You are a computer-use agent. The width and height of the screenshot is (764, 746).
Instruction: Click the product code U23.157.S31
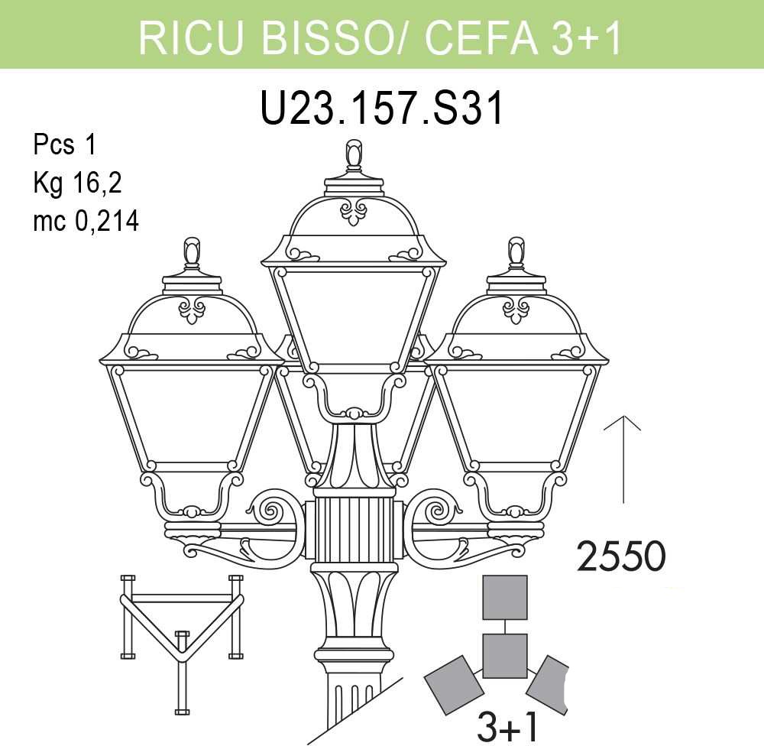(x=382, y=109)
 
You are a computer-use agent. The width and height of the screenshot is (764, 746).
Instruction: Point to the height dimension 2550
(x=620, y=556)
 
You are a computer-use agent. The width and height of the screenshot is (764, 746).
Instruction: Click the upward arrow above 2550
(x=622, y=459)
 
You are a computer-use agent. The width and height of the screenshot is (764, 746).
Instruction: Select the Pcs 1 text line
(x=65, y=144)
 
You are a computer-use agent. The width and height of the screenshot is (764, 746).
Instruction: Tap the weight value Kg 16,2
(x=77, y=183)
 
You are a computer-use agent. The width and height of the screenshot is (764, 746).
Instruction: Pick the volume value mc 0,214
(x=86, y=221)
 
